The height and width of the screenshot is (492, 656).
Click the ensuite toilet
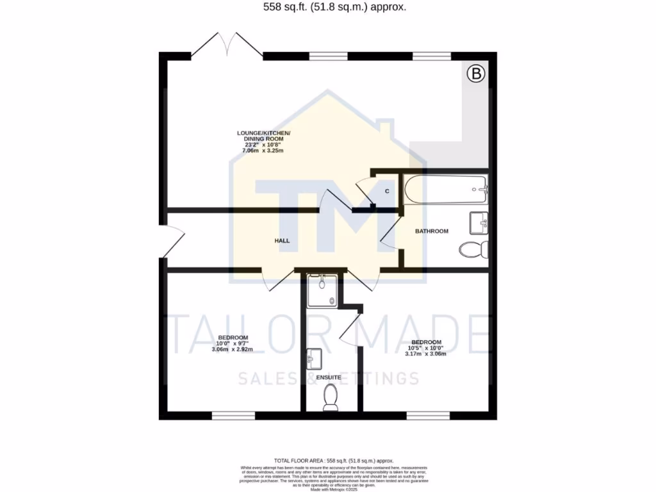[x=331, y=397]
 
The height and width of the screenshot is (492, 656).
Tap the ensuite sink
[x=315, y=359]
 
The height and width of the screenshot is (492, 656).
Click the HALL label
[x=283, y=241]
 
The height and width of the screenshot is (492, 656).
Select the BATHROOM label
[x=431, y=231]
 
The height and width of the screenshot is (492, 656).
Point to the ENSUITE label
[x=328, y=378]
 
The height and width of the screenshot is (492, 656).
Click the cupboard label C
[x=388, y=191]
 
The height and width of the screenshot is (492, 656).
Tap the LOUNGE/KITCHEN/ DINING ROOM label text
[x=263, y=136]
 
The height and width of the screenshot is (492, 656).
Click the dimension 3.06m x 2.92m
[x=233, y=349]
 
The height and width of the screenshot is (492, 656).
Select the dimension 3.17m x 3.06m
[x=426, y=353]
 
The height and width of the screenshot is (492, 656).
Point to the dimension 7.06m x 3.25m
[x=263, y=151]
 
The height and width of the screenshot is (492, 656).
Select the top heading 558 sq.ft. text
[x=327, y=8]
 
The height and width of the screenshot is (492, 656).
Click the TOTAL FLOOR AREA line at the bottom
[x=333, y=461]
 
